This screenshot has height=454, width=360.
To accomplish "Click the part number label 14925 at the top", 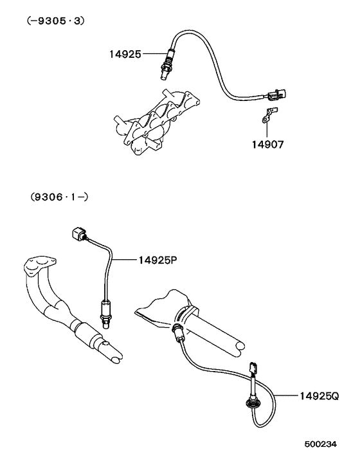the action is pyautogui.click(x=125, y=54).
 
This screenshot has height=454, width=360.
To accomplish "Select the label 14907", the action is pyautogui.click(x=267, y=145).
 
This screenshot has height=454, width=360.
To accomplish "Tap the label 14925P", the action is pyautogui.click(x=157, y=260).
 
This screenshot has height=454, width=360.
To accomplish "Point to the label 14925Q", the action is pyautogui.click(x=319, y=395).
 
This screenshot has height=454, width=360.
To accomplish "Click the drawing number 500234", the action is pyautogui.click(x=321, y=444).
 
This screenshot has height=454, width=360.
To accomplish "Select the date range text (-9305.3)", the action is pyautogui.click(x=55, y=21).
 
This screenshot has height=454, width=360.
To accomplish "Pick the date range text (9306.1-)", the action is pyautogui.click(x=59, y=197).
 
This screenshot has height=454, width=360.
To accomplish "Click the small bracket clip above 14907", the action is pyautogui.click(x=270, y=114).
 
